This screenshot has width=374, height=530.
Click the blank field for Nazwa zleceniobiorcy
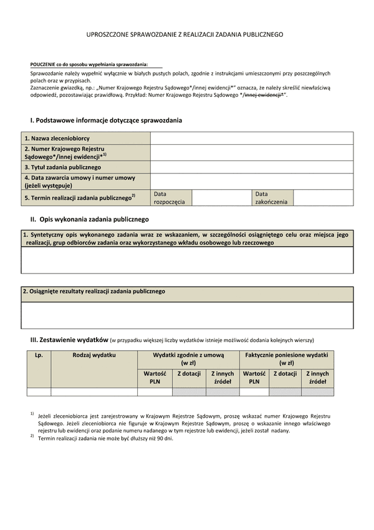click(251, 139)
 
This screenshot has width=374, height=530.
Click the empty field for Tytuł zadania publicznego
click(251, 167)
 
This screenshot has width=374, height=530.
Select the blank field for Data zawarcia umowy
click(251, 182)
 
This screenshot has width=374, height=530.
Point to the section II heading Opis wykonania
click(90, 220)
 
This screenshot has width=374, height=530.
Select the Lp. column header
click(39, 355)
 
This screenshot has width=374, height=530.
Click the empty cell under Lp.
click(39, 392)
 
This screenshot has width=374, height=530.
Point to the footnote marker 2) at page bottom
click(32, 436)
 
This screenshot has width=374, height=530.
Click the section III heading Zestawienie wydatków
click(70, 339)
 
